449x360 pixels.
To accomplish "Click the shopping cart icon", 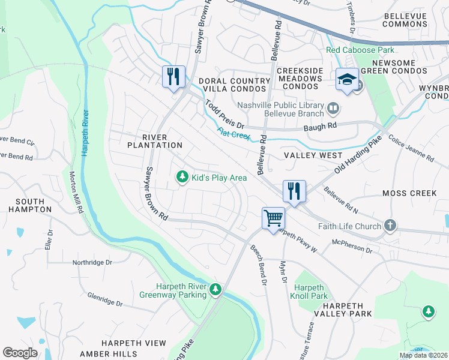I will [x=273, y=218].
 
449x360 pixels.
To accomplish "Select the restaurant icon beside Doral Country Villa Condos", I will [x=173, y=76].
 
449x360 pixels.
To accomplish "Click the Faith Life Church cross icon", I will [x=390, y=226].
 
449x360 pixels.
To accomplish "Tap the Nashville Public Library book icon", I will [x=333, y=109].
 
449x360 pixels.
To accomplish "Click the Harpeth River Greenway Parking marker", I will [x=215, y=290].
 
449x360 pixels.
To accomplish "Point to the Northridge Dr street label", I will [x=92, y=262].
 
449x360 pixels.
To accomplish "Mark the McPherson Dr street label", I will [x=352, y=246].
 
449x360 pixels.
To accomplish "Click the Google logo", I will [x=20, y=352].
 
